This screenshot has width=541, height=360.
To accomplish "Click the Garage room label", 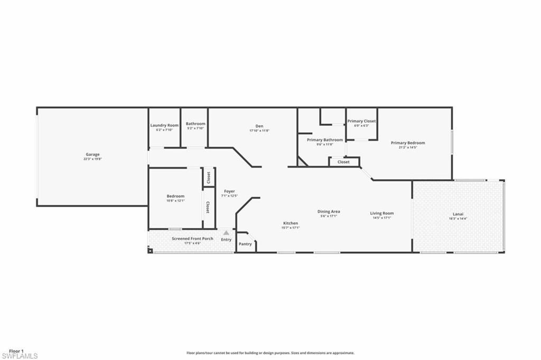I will (92, 154).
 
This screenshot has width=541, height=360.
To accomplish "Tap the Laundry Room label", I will (164, 125).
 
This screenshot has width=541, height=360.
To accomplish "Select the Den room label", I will (259, 126).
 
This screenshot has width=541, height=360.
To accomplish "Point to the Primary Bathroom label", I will (325, 140).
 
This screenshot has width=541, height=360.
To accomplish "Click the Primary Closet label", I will (361, 121).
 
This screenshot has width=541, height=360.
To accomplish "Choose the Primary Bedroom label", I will (407, 143).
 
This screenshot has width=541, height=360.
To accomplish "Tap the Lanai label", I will (458, 214).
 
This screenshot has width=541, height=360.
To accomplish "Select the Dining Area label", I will (328, 211).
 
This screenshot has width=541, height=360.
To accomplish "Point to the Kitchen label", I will (291, 223).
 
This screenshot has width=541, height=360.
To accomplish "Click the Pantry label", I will (245, 244).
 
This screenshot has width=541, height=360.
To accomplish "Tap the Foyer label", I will (229, 191).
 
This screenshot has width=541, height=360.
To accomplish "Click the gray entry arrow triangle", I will (226, 232).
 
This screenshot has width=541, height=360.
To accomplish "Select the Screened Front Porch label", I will (192, 239).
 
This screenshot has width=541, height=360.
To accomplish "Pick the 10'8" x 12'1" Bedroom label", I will (175, 196).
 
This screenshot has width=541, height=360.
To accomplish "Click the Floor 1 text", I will (16, 351).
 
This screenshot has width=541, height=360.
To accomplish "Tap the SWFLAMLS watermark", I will (19, 356).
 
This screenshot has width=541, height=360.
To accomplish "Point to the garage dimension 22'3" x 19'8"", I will (92, 159).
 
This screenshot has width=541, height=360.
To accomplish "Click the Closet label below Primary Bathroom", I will (343, 162).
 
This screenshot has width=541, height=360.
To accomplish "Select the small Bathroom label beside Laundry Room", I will (195, 124).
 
